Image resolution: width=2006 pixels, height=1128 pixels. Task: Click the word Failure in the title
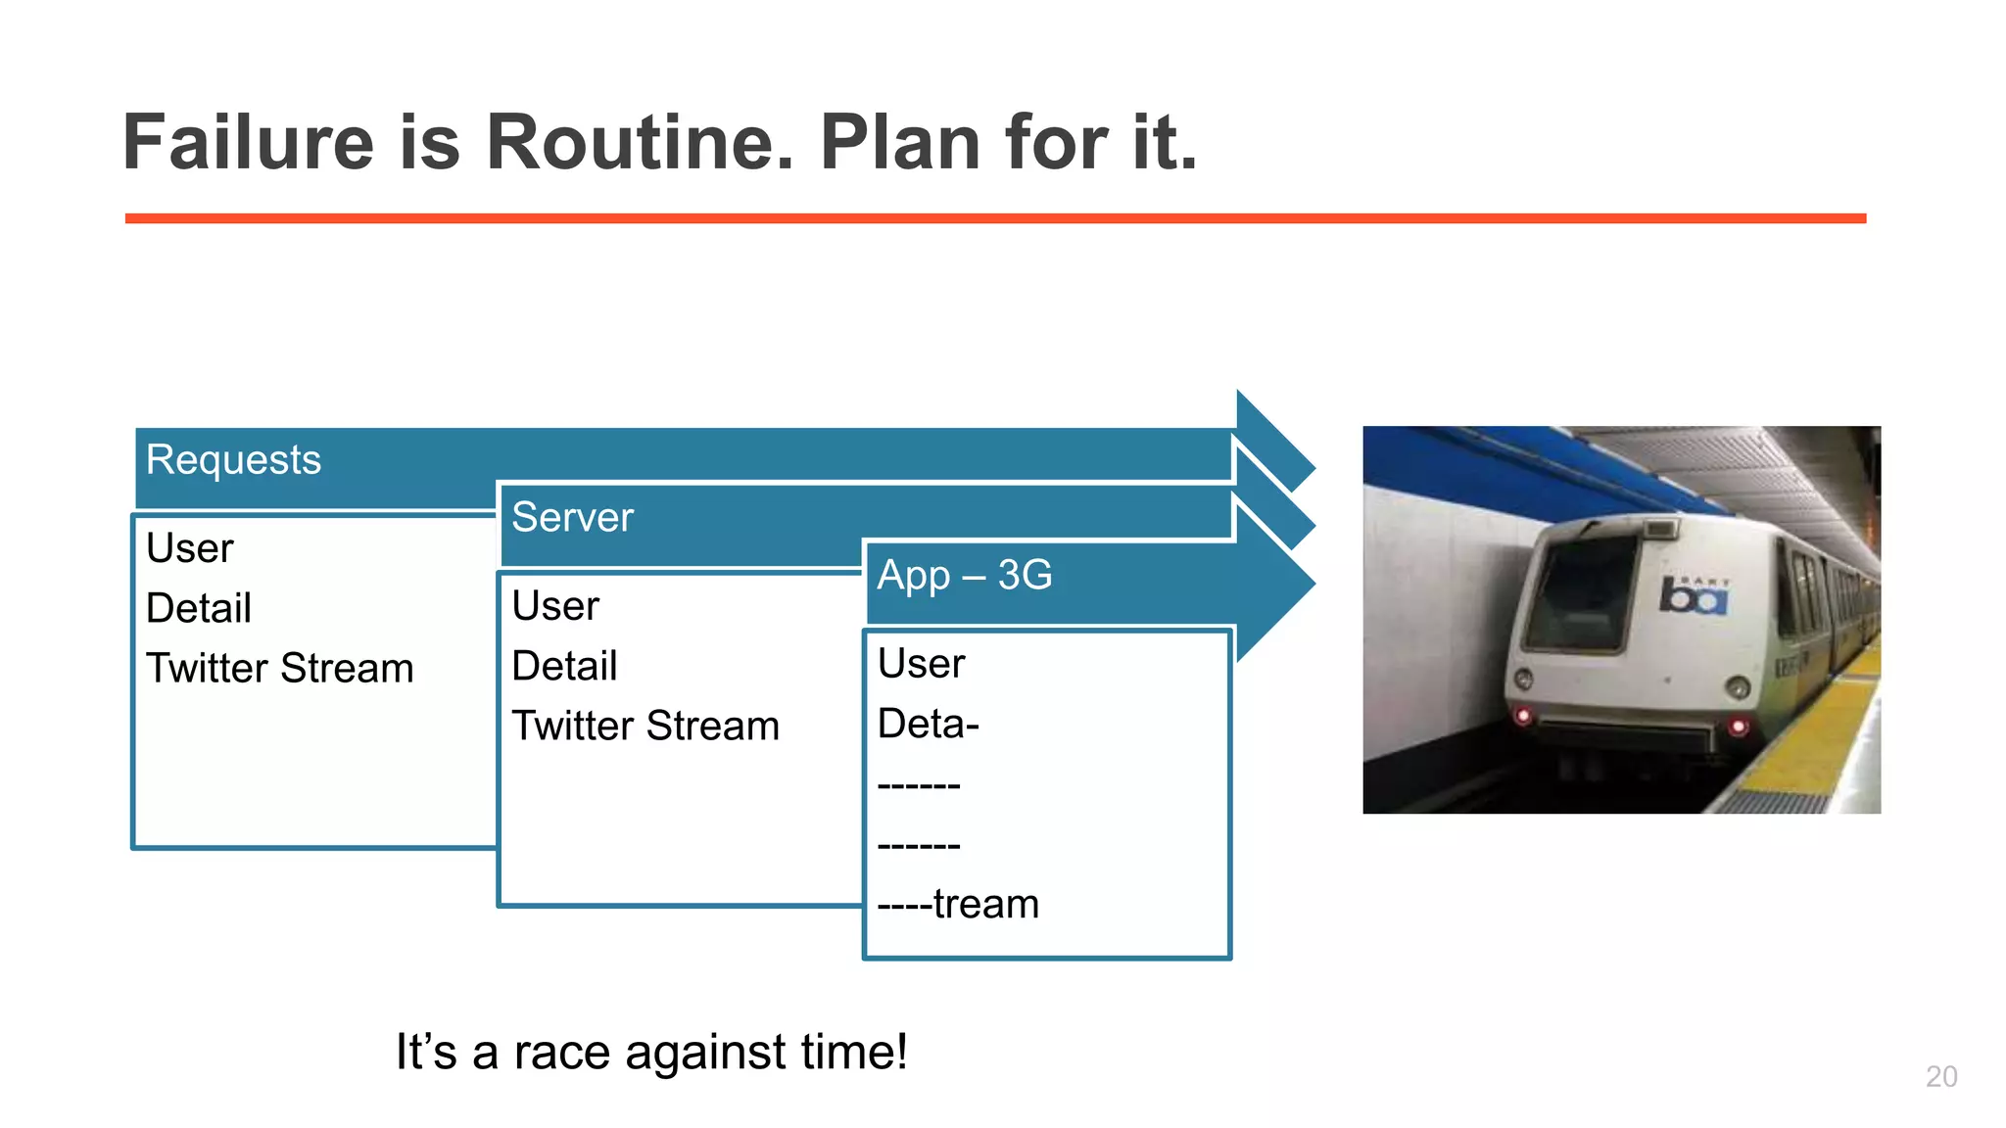[248, 143]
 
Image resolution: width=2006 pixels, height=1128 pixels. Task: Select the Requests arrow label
[233, 460]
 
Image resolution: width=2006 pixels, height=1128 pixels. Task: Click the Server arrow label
[572, 518]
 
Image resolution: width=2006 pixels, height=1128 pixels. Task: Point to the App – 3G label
[964, 576]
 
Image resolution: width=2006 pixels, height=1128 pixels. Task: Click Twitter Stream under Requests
[279, 669]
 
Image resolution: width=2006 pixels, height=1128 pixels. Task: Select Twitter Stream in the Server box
[645, 727]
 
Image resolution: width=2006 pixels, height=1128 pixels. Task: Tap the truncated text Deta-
[928, 725]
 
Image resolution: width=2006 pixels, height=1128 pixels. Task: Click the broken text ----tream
[957, 904]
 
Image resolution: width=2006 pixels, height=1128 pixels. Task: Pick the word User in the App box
[921, 664]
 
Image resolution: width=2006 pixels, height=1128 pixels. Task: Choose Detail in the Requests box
[199, 609]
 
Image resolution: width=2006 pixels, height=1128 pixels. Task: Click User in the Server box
[554, 606]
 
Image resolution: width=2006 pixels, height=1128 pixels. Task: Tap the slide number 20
[1940, 1076]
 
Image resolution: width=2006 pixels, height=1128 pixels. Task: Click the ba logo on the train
[1693, 596]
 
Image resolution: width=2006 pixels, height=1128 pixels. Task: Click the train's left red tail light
[1523, 716]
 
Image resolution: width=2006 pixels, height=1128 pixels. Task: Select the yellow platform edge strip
[1812, 744]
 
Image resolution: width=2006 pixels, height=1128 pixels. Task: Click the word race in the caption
[561, 1054]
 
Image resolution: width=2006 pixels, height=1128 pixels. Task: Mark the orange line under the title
[994, 218]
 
